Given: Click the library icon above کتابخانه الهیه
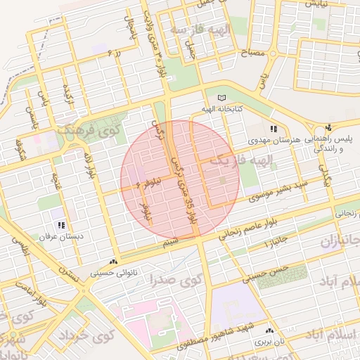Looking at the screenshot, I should [x=224, y=98].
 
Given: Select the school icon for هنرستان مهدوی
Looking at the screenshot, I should [x=274, y=129].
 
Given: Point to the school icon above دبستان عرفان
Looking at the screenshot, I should [x=62, y=225].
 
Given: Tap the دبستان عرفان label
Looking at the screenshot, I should [x=62, y=237].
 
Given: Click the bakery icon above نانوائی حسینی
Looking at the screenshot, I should [x=114, y=261].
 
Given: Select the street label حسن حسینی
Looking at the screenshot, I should [x=264, y=273].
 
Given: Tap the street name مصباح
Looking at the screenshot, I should [x=252, y=53].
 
